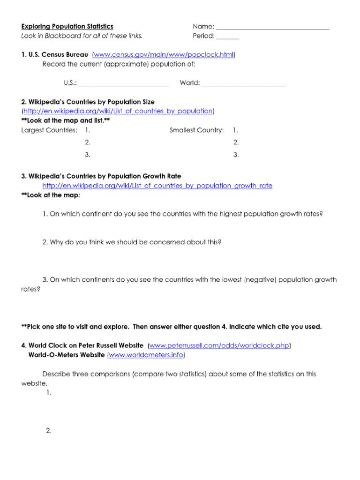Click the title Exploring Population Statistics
click(67, 27)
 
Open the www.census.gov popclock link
click(164, 55)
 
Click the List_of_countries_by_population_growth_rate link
click(157, 186)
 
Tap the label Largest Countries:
click(49, 130)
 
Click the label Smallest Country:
click(196, 130)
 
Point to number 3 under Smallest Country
click(236, 155)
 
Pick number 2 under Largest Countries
click(88, 142)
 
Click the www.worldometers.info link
click(146, 355)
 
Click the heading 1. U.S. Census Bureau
click(55, 55)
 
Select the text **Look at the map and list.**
click(66, 120)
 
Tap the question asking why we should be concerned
click(132, 242)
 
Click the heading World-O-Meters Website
click(67, 355)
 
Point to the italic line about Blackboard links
click(82, 36)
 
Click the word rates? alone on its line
click(30, 289)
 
